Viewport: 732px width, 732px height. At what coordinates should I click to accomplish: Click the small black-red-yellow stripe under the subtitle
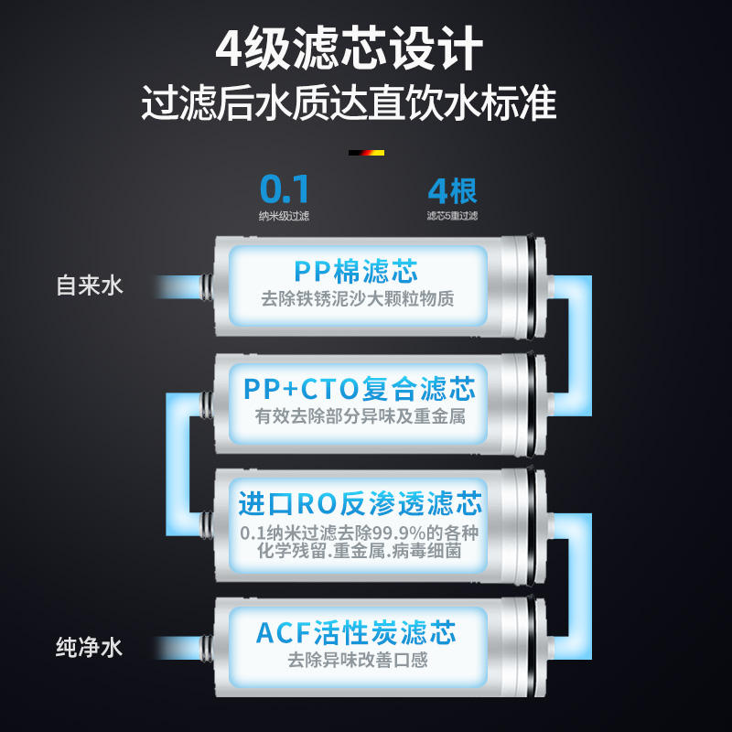366,153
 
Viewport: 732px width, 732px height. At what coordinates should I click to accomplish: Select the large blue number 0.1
285,189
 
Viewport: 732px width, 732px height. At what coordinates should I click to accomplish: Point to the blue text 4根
452,190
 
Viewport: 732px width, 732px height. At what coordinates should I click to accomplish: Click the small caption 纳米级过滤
284,216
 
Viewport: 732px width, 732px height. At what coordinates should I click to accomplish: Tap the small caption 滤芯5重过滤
452,216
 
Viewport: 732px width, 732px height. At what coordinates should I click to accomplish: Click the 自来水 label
90,285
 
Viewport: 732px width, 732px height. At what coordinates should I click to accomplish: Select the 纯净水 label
90,649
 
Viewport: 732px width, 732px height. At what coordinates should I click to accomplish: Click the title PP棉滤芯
356,272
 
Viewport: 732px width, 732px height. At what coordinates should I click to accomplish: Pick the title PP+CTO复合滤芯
360,389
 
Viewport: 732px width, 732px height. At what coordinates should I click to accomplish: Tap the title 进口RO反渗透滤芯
360,504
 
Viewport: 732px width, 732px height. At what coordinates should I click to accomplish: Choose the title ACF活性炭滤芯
356,632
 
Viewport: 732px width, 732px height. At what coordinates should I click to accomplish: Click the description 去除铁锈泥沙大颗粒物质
357,299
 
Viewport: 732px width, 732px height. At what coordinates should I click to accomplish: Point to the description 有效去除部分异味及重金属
360,416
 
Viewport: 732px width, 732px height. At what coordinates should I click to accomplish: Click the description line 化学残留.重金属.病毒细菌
360,553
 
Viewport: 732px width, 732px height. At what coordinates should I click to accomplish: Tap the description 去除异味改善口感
358,659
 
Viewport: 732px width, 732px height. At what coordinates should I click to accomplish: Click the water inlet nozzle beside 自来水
206,286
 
